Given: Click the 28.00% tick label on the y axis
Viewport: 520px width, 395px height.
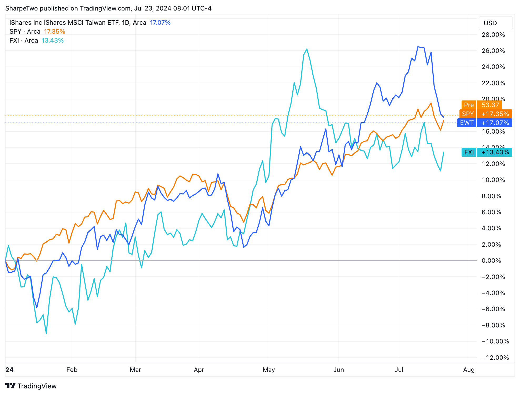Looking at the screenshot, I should pyautogui.click(x=493, y=35).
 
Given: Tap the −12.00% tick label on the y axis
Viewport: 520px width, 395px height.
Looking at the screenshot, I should pyautogui.click(x=493, y=357).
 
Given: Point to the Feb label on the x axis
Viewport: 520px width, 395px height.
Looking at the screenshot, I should pyautogui.click(x=72, y=369).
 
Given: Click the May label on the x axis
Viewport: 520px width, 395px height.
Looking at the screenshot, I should pyautogui.click(x=269, y=369).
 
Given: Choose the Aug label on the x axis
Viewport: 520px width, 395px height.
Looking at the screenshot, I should pyautogui.click(x=469, y=369).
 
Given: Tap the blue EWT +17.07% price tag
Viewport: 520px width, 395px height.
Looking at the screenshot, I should pyautogui.click(x=484, y=123).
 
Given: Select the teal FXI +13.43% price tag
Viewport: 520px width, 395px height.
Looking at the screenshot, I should pyautogui.click(x=487, y=152).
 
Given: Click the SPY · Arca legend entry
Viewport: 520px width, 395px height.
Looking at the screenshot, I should pyautogui.click(x=25, y=32).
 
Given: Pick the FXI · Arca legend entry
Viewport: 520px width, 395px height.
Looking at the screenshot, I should pyautogui.click(x=24, y=40).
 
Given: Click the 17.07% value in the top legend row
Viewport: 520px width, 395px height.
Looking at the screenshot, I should pyautogui.click(x=160, y=23).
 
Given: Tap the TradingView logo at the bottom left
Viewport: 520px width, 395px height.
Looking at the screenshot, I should pyautogui.click(x=31, y=386).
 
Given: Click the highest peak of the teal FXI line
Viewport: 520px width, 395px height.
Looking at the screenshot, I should pyautogui.click(x=307, y=49).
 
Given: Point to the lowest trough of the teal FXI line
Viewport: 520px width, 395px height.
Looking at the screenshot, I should pyautogui.click(x=46, y=333).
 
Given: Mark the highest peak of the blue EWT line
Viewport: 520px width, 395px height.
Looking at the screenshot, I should pyautogui.click(x=418, y=47).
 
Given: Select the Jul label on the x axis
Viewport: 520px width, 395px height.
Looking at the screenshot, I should pyautogui.click(x=399, y=369).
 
